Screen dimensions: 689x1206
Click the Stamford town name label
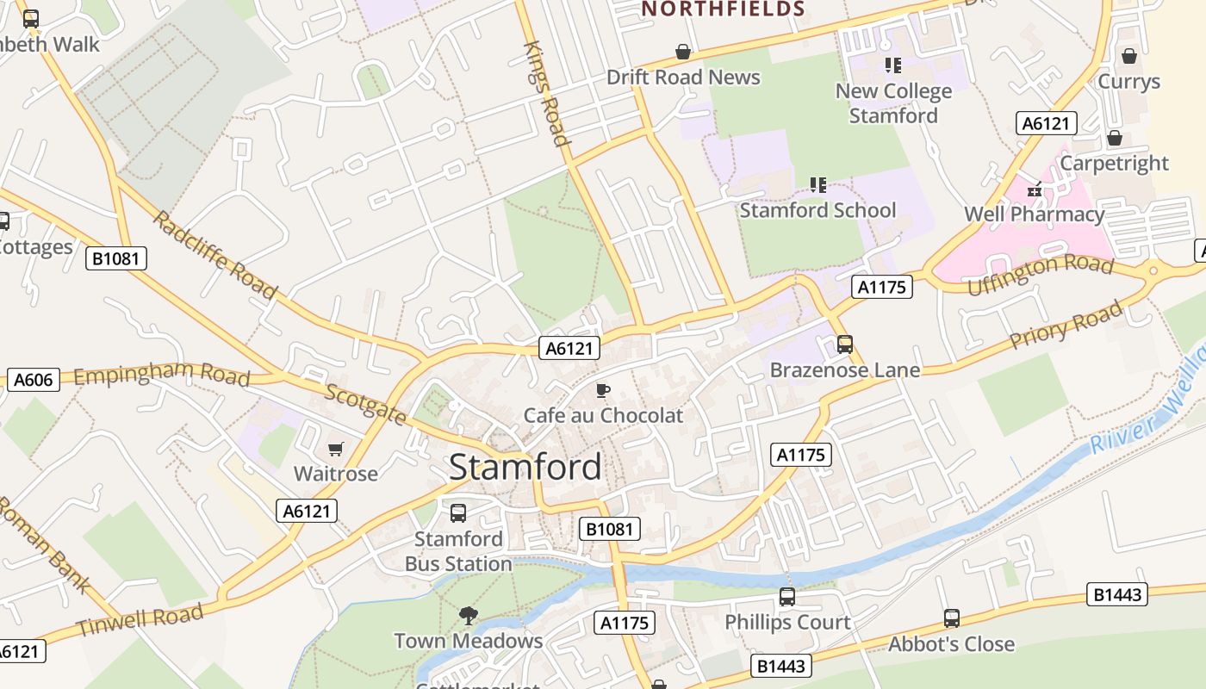coord(525,467)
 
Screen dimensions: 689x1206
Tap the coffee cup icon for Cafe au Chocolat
coord(603,390)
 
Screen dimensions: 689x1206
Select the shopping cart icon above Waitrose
coord(335,449)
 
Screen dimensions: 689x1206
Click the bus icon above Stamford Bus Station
coord(458,513)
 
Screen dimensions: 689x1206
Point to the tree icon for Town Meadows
coord(468,615)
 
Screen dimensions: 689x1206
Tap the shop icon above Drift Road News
coord(683,52)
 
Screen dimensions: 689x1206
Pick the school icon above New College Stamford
coord(892,65)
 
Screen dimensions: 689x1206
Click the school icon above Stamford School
coord(817,184)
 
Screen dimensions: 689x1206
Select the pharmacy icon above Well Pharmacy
coord(1034,189)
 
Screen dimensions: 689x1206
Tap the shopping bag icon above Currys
coord(1128,56)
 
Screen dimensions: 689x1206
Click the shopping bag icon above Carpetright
coord(1114,138)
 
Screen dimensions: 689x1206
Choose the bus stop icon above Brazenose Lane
coord(844,344)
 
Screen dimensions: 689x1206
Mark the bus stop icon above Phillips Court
coord(786,597)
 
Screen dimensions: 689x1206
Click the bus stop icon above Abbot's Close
coord(951,618)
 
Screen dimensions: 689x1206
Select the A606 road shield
coord(33,380)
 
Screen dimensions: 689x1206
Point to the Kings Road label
coord(546,93)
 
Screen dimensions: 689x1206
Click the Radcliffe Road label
coord(215,254)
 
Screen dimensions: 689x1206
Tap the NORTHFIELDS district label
coord(723,9)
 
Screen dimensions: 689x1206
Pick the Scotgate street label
coord(365,404)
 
